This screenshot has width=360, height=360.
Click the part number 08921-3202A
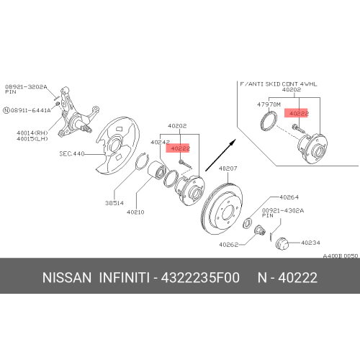pos(25,86)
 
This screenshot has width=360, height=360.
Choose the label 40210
pos(137,212)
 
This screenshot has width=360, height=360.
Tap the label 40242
pos(160,143)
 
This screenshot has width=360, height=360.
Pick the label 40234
pos(311,243)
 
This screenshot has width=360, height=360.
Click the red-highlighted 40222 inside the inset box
pos(297,114)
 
